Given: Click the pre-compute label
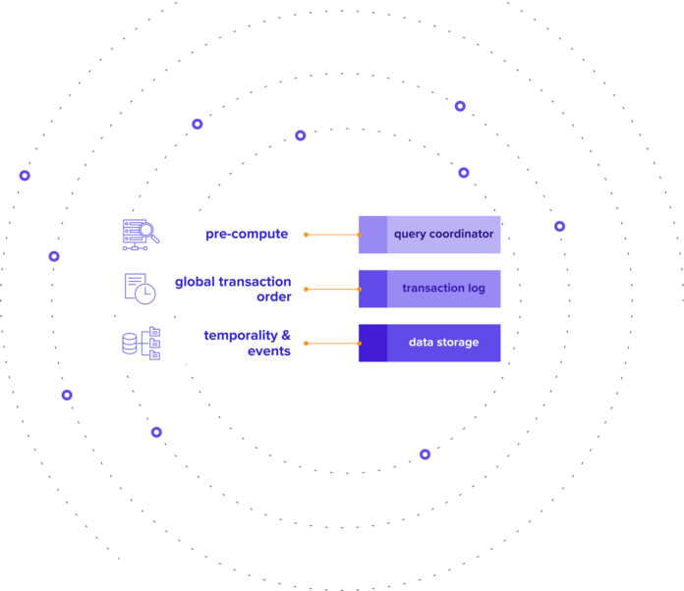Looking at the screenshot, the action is click(247, 234).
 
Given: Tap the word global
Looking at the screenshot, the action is click(195, 283).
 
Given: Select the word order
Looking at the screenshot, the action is click(273, 296).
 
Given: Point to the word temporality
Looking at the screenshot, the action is click(241, 336).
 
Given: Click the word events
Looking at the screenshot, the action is click(269, 350).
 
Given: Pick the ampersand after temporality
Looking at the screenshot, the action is click(286, 335).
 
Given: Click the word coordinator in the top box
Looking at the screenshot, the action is click(462, 234).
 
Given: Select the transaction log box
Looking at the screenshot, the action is click(429, 289).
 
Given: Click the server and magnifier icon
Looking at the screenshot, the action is click(141, 235).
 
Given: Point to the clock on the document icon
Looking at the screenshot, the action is click(144, 294).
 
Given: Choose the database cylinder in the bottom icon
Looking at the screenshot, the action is click(130, 344).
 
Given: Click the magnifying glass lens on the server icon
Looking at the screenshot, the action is click(146, 230).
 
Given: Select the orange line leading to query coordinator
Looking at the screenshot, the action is click(332, 235).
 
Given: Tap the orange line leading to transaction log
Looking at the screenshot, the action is click(332, 289).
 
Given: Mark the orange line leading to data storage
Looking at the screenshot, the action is click(332, 344).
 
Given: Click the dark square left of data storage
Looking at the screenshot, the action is click(373, 343).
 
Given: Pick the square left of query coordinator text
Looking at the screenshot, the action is click(373, 235).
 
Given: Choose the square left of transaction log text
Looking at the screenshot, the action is click(373, 289).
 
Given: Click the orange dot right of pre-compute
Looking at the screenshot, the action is click(307, 235).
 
